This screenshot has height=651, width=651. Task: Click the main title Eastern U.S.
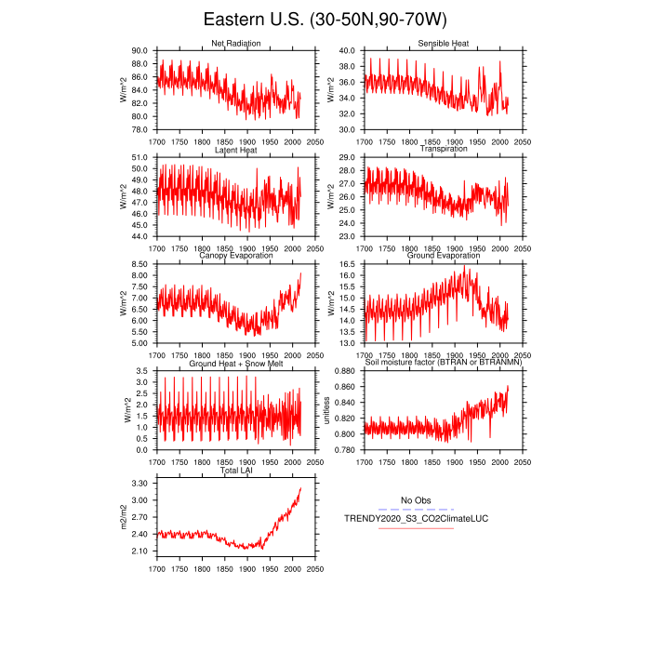coord(325,20)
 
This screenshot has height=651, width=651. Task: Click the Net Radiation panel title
coord(236,44)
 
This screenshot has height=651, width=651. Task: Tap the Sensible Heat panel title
coord(444,44)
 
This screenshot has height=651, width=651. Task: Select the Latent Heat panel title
coord(236,150)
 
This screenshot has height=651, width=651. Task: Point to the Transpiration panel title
coord(444,150)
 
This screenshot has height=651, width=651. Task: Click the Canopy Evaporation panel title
coord(236,257)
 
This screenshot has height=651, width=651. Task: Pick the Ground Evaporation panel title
coord(444,257)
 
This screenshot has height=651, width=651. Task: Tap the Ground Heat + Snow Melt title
coord(236,364)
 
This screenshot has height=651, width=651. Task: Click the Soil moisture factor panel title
coord(444,364)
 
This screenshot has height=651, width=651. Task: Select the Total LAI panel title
coord(236,471)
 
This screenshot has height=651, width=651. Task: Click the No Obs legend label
coord(416,500)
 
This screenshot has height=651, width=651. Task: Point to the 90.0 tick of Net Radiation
coord(139,50)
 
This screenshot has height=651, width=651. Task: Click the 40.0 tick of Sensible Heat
coord(347,50)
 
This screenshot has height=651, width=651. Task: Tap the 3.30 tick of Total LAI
coord(139,484)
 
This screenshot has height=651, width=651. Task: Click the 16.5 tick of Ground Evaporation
coord(347,264)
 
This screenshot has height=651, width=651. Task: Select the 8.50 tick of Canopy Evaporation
coord(139,264)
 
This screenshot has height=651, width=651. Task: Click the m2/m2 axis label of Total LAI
coord(124,517)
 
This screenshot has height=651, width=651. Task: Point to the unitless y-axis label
coord(327,410)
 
